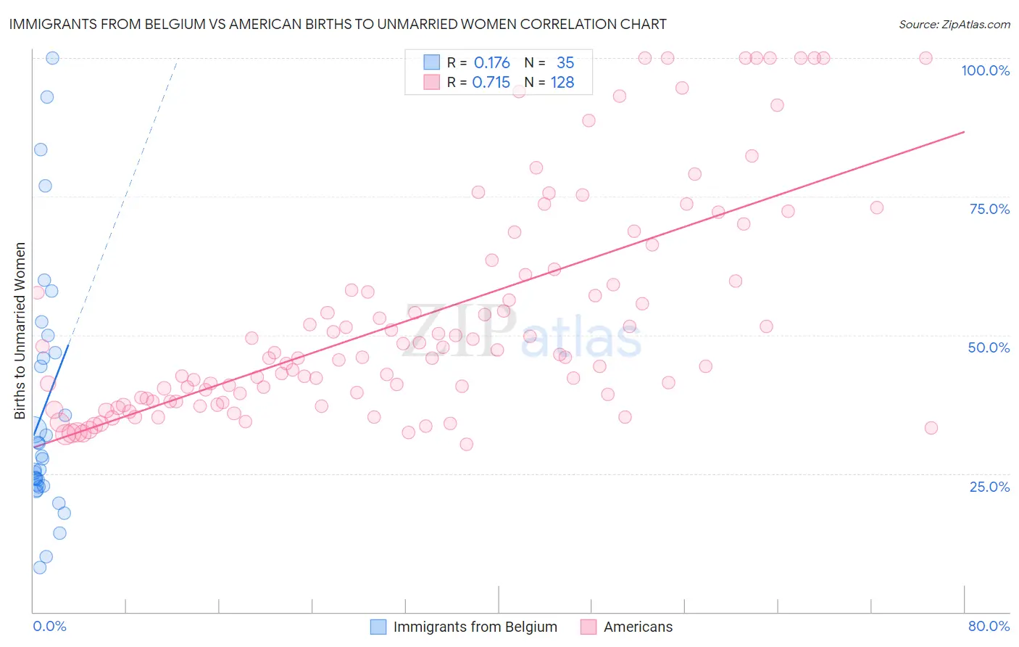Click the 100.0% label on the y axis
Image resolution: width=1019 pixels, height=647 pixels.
[x=985, y=70]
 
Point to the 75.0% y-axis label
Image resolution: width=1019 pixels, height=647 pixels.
[x=989, y=209]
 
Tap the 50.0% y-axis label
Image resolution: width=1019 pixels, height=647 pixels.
[x=989, y=347]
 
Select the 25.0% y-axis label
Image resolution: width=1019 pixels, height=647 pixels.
[x=989, y=487]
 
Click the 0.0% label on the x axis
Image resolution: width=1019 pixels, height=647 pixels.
[x=49, y=626]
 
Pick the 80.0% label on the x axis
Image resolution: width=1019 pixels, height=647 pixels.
[x=989, y=626]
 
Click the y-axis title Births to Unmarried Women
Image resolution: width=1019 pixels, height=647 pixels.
[x=20, y=331]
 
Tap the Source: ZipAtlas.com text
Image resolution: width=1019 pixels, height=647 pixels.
[x=954, y=24]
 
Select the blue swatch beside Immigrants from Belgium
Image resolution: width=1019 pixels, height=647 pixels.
[x=378, y=627]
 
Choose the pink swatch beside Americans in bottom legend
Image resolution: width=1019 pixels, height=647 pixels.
[x=588, y=627]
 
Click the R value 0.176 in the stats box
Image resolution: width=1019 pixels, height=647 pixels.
[x=492, y=63]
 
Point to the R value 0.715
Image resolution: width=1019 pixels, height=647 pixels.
[x=491, y=83]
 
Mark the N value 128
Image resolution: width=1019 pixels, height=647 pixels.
[x=562, y=83]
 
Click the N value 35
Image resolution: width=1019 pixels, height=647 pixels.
[x=565, y=63]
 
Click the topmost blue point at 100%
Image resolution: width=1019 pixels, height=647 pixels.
[x=52, y=58]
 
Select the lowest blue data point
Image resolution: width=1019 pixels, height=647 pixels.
[x=40, y=567]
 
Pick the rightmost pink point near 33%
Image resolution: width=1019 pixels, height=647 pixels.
[x=931, y=428]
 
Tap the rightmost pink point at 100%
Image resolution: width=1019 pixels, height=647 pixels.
[x=926, y=58]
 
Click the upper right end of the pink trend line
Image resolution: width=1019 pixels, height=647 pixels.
[x=964, y=132]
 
